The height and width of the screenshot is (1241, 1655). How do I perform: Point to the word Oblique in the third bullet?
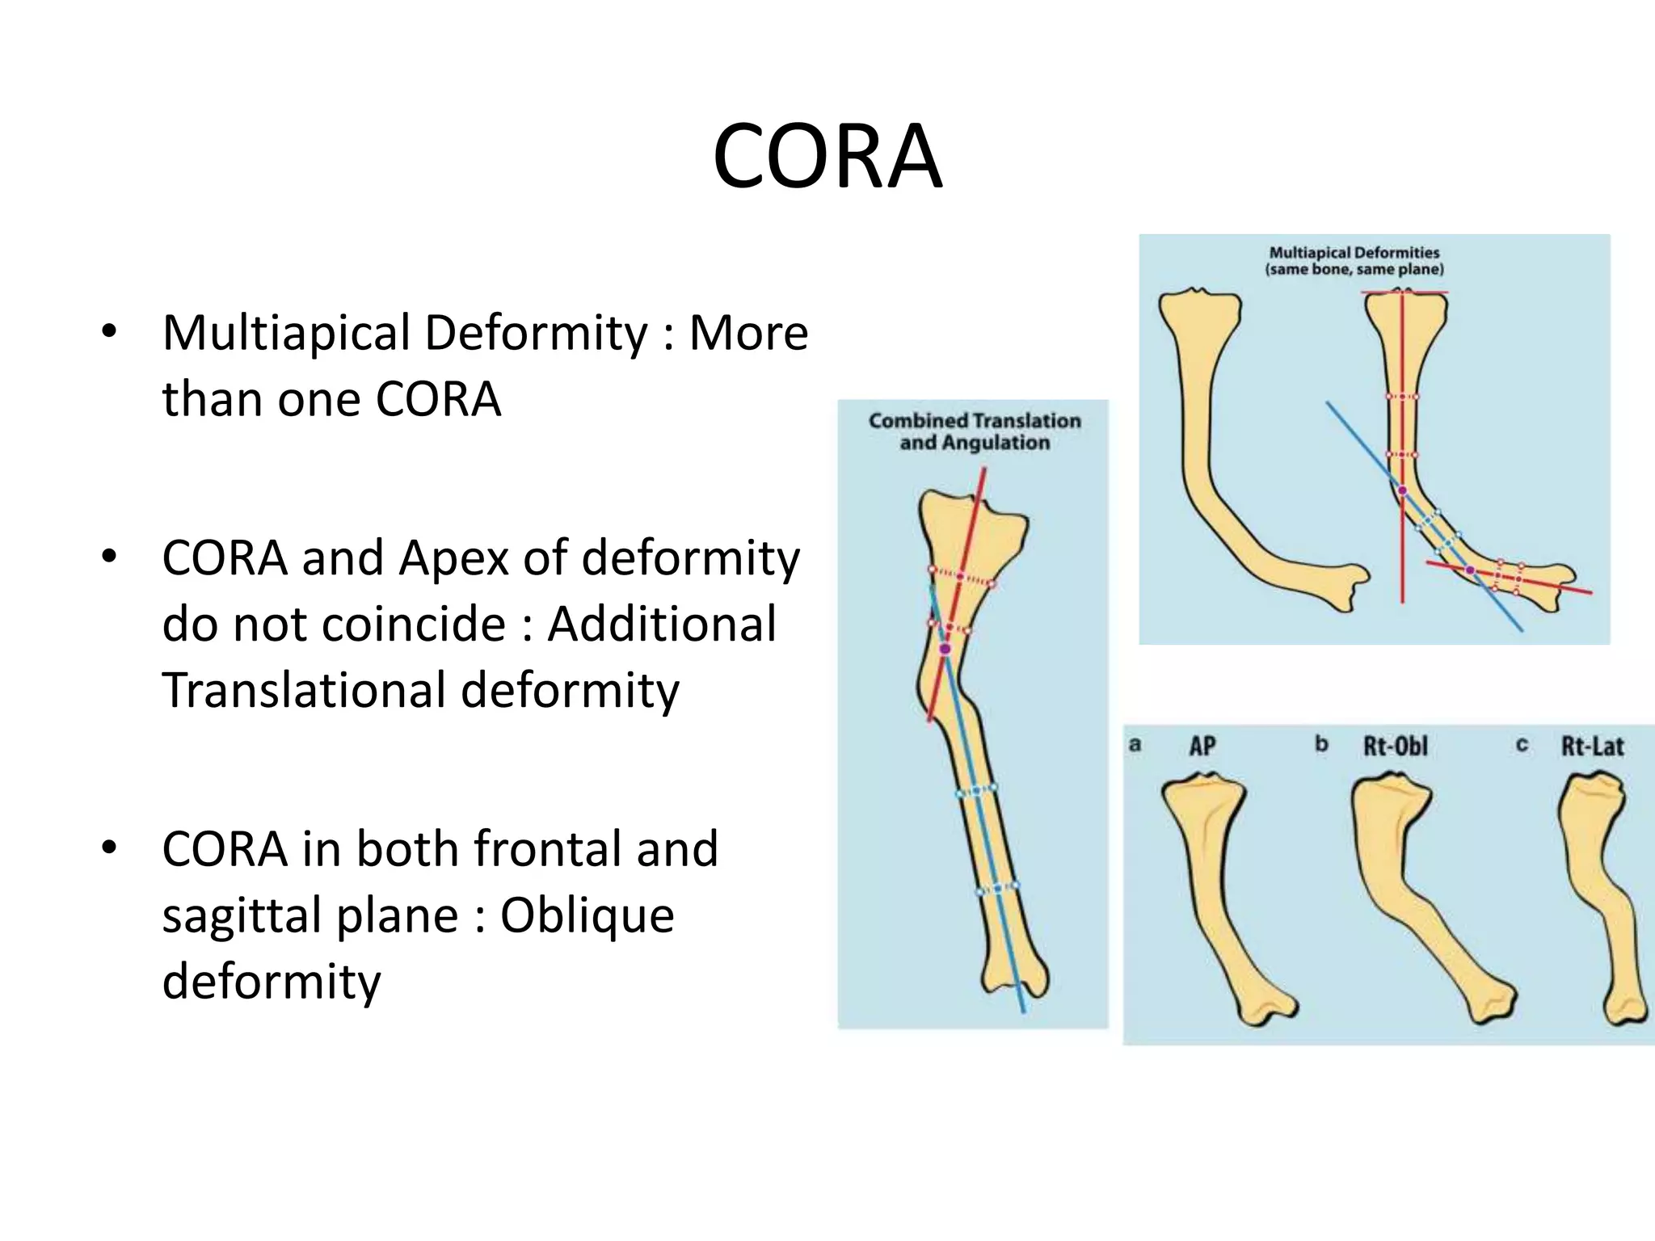[587, 915]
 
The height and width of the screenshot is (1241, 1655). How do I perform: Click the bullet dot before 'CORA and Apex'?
[110, 557]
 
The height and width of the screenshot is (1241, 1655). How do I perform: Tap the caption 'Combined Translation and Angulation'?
[974, 431]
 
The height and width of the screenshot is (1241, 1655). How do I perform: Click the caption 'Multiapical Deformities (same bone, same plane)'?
[1354, 261]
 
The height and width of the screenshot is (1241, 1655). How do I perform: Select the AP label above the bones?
[1202, 746]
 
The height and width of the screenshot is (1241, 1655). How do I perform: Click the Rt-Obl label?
[1396, 746]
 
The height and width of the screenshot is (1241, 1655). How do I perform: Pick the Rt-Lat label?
[1592, 746]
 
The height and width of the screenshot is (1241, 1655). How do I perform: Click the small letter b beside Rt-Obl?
[1321, 743]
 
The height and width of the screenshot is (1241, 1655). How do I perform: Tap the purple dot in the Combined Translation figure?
[945, 649]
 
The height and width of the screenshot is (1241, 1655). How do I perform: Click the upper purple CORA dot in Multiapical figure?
[1402, 490]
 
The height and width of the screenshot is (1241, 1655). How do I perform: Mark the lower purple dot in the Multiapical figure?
[1470, 571]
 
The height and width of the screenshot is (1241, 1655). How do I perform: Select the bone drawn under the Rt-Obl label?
[1406, 889]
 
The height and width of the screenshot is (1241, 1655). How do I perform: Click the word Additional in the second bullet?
[662, 625]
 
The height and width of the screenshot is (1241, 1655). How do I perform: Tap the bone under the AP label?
[1212, 889]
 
